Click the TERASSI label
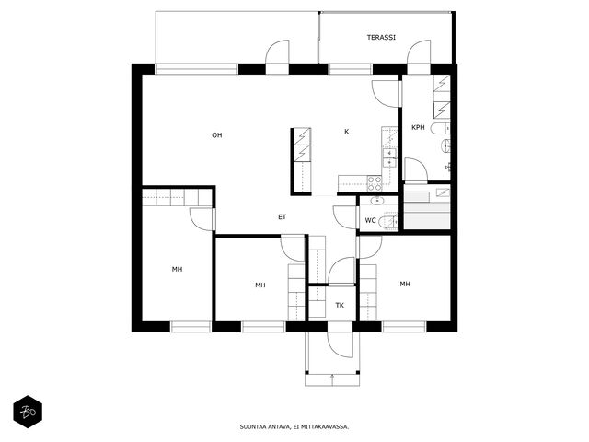pos(381,38)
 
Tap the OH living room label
pos(217,135)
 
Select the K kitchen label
pos(347,132)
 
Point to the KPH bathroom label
pos(418,127)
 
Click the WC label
pos(370,220)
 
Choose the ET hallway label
pos(283,217)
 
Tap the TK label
pos(340,305)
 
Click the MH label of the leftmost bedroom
pos(177,269)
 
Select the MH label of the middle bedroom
pos(260,285)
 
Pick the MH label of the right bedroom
pos(405,284)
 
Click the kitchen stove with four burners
pos(375,183)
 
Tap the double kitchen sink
pos(390,157)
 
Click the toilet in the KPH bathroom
pos(440,129)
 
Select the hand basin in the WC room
pos(376,201)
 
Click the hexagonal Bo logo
pos(28,412)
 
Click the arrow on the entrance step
pos(332,378)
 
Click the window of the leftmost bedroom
pos(191,327)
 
